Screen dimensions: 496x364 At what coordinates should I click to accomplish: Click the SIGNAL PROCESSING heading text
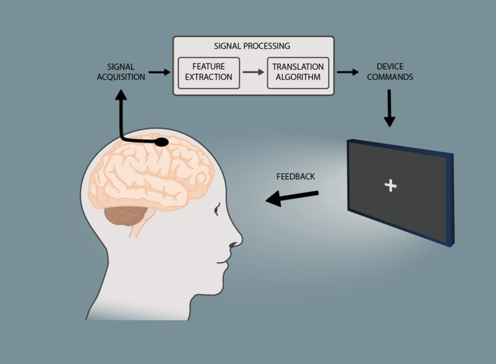click(252, 46)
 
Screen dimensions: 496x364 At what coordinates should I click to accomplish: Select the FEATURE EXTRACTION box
click(209, 73)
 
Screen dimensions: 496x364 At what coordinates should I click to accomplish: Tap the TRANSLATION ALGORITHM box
click(298, 73)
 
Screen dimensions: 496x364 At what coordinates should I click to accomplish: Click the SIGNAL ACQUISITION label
click(121, 72)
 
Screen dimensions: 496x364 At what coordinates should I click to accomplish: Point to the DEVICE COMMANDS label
click(390, 72)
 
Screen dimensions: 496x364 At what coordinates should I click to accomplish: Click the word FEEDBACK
click(296, 176)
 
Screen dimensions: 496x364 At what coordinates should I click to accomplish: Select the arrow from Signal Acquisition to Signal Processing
click(159, 72)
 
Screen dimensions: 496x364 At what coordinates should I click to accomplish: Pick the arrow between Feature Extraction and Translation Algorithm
click(253, 72)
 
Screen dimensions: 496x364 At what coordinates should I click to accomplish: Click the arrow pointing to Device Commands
click(348, 72)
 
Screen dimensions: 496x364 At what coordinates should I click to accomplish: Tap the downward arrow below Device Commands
click(389, 108)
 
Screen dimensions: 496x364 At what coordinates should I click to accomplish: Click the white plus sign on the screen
click(390, 186)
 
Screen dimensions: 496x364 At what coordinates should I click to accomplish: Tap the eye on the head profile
click(217, 209)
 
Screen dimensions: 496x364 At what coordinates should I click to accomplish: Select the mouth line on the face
click(222, 263)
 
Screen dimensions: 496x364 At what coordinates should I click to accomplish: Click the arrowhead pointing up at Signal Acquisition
click(121, 95)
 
